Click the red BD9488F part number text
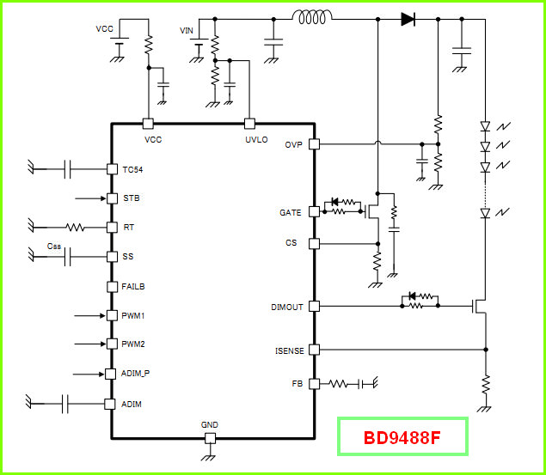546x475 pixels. pyautogui.click(x=402, y=438)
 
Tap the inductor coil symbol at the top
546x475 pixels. pyautogui.click(x=312, y=16)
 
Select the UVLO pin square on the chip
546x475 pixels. pyautogui.click(x=249, y=124)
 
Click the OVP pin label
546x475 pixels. pyautogui.click(x=293, y=144)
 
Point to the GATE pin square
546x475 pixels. pyautogui.click(x=314, y=211)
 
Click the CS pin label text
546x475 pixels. pyautogui.click(x=291, y=243)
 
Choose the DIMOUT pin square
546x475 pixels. pyautogui.click(x=314, y=307)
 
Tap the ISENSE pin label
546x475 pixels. pyautogui.click(x=290, y=350)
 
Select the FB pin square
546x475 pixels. pyautogui.click(x=314, y=384)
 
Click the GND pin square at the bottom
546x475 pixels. pyautogui.click(x=210, y=438)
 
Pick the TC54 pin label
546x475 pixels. pyautogui.click(x=132, y=170)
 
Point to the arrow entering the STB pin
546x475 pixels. pyautogui.click(x=90, y=198)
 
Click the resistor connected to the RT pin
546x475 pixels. pyautogui.click(x=75, y=228)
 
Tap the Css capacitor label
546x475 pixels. pyautogui.click(x=54, y=247)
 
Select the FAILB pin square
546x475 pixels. pyautogui.click(x=112, y=287)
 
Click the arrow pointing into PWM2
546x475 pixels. pyautogui.click(x=90, y=344)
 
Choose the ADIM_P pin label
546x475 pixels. pyautogui.click(x=135, y=374)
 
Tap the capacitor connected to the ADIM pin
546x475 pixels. pyautogui.click(x=65, y=404)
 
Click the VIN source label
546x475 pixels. pyautogui.click(x=187, y=31)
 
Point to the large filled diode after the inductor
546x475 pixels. pyautogui.click(x=408, y=19)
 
